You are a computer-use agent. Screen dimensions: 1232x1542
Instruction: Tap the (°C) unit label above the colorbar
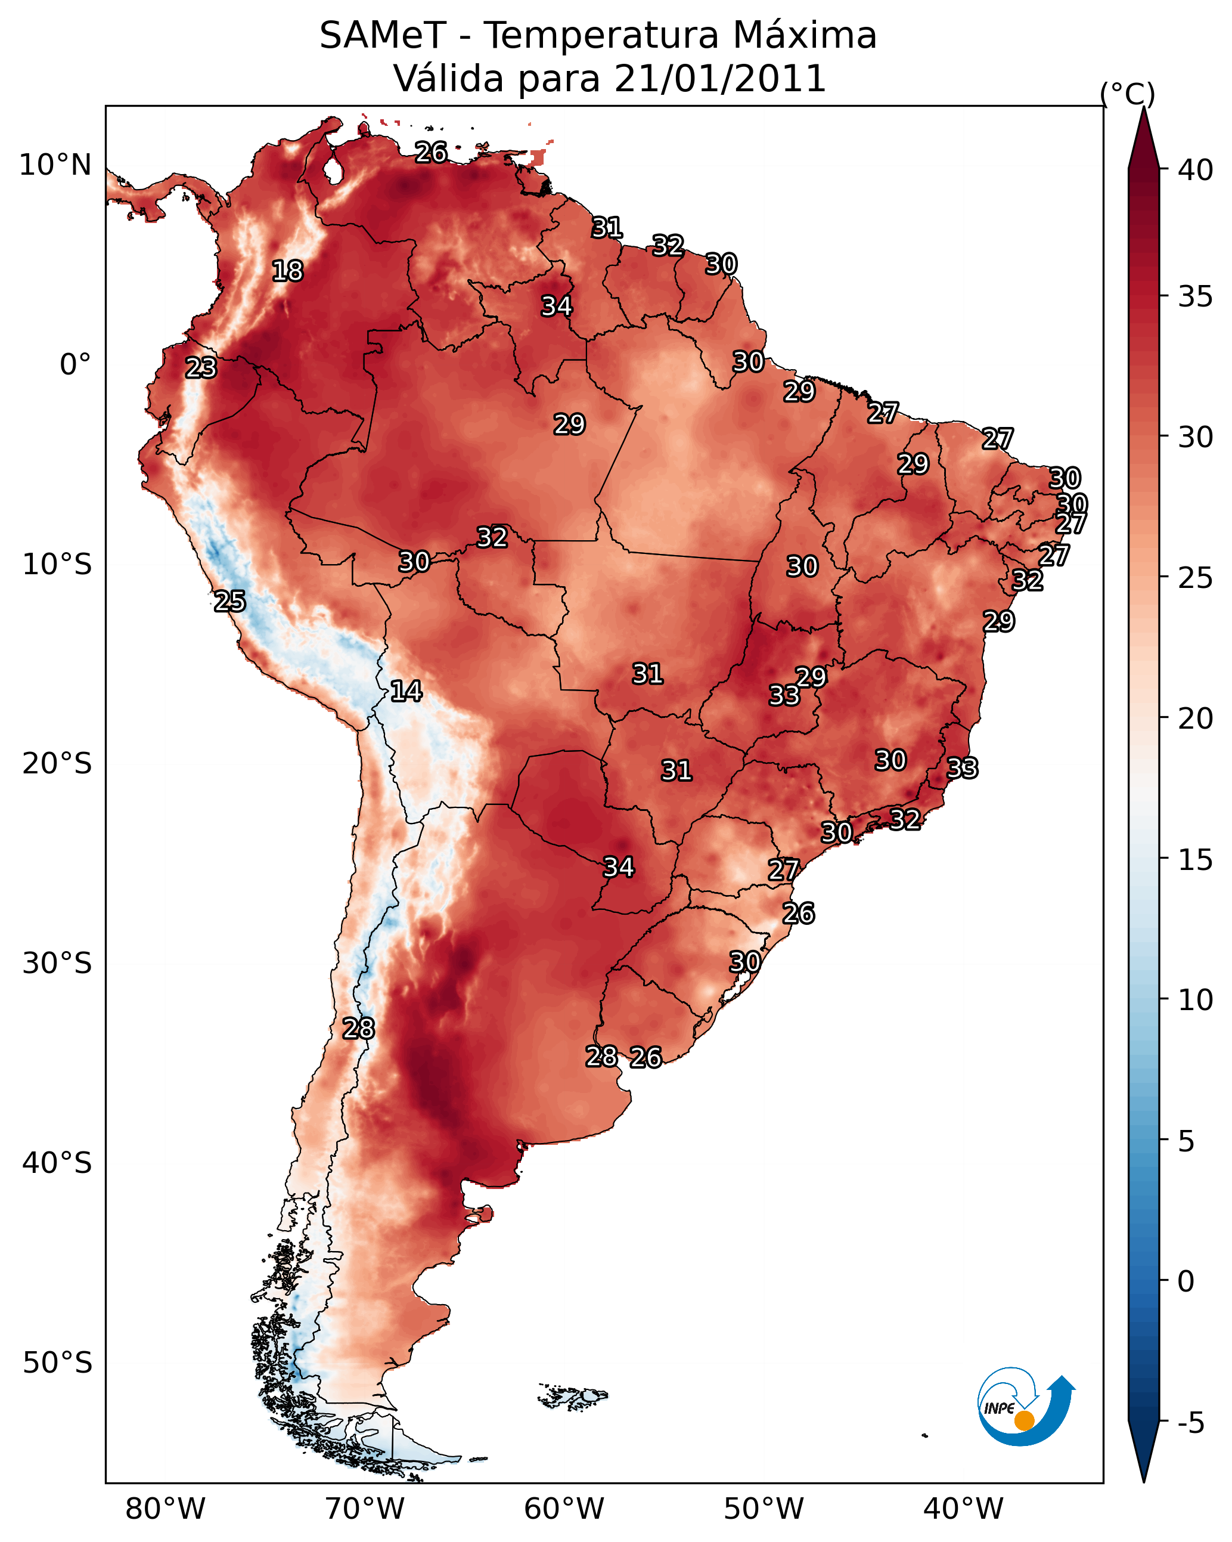1128,94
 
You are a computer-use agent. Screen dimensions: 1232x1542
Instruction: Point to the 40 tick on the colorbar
1195,170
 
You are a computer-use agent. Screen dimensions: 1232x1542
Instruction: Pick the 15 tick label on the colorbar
1195,860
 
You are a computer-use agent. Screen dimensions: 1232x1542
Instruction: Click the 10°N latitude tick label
55,165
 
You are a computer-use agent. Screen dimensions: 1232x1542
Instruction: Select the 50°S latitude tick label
57,1363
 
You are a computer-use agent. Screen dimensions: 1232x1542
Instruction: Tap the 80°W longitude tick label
165,1509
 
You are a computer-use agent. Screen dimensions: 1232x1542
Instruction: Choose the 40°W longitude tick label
963,1509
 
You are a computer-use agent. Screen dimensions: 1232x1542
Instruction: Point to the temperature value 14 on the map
406,691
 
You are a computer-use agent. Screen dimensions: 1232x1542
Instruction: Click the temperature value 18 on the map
287,271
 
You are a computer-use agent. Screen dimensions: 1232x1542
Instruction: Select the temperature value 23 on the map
201,368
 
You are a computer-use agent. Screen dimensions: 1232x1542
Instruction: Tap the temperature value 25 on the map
230,602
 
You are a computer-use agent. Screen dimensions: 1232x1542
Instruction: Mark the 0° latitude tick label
76,365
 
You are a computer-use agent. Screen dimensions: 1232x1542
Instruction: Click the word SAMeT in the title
383,35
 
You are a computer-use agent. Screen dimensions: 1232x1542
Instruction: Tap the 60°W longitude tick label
564,1509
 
